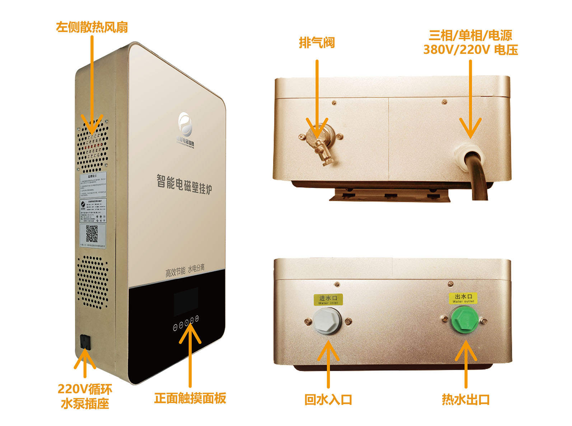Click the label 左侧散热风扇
[92, 27]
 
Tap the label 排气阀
[317, 43]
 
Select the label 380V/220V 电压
[470, 50]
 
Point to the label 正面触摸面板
[190, 398]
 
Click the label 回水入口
[328, 399]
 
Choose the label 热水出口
[466, 399]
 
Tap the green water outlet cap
[463, 319]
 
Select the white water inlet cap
[327, 320]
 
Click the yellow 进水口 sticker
[328, 299]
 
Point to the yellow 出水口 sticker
[463, 298]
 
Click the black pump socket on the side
[85, 342]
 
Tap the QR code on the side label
[92, 233]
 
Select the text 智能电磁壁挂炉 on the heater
[184, 184]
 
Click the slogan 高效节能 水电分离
[185, 270]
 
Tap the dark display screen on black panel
[186, 301]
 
